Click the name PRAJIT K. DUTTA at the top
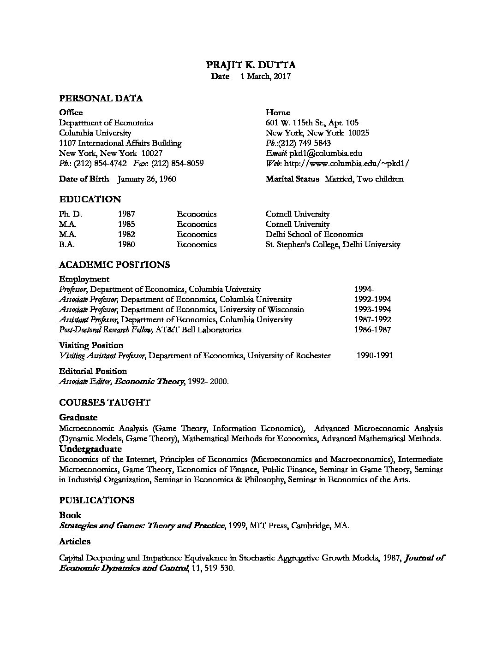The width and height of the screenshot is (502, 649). click(251, 65)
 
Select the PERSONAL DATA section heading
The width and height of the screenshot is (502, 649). click(101, 98)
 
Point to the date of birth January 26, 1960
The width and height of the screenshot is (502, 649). click(146, 179)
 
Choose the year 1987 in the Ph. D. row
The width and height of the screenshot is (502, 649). click(126, 214)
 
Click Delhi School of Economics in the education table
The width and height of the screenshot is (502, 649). click(314, 234)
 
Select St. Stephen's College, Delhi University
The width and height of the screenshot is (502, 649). click(333, 244)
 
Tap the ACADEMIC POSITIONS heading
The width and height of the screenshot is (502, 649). click(114, 265)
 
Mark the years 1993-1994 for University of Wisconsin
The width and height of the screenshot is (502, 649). click(372, 309)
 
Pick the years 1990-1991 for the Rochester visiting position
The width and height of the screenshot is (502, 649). click(375, 355)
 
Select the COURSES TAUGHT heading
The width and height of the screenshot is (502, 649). click(105, 402)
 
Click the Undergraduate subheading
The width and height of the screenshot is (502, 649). click(90, 448)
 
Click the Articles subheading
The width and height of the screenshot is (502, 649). click(75, 541)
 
